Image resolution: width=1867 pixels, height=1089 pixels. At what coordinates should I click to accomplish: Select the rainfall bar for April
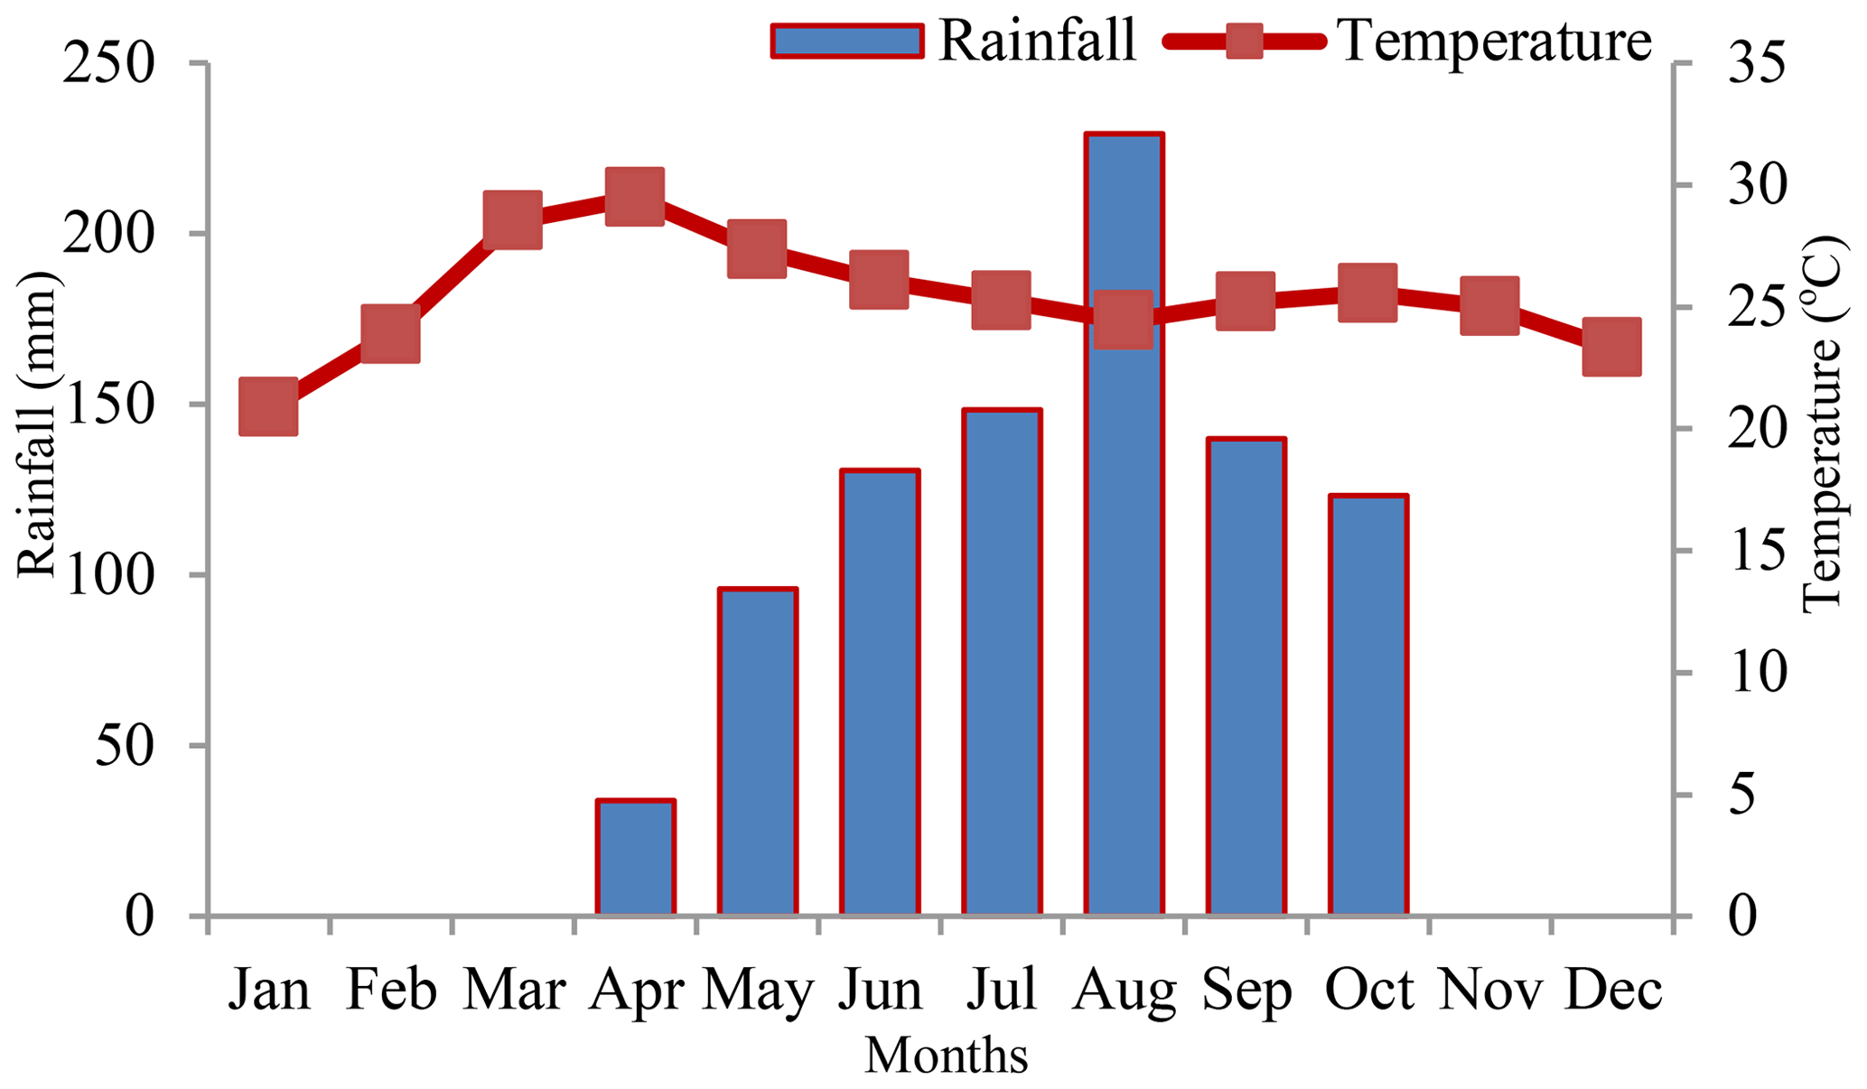coord(635,858)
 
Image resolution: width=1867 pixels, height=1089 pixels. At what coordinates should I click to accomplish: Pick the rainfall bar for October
coord(1368,705)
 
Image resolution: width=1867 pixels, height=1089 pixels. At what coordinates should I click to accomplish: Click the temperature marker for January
coord(268,406)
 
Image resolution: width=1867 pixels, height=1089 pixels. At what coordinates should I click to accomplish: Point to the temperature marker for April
coord(635,196)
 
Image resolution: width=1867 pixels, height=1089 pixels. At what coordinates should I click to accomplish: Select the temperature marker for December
coord(1611,347)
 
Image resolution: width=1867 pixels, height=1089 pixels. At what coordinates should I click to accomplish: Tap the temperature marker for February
coord(390,333)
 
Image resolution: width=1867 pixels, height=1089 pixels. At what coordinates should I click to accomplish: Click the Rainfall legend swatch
coord(847,42)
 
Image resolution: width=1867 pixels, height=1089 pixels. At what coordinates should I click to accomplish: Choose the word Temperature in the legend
coord(1494,40)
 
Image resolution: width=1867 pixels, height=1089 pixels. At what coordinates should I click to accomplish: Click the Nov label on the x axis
coord(1489,991)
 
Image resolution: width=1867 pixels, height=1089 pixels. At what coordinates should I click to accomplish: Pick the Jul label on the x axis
coord(1001,991)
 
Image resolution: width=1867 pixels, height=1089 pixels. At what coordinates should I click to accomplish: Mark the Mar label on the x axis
coord(514,991)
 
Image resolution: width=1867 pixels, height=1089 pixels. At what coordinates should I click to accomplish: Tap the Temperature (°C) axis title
coord(1821,424)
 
